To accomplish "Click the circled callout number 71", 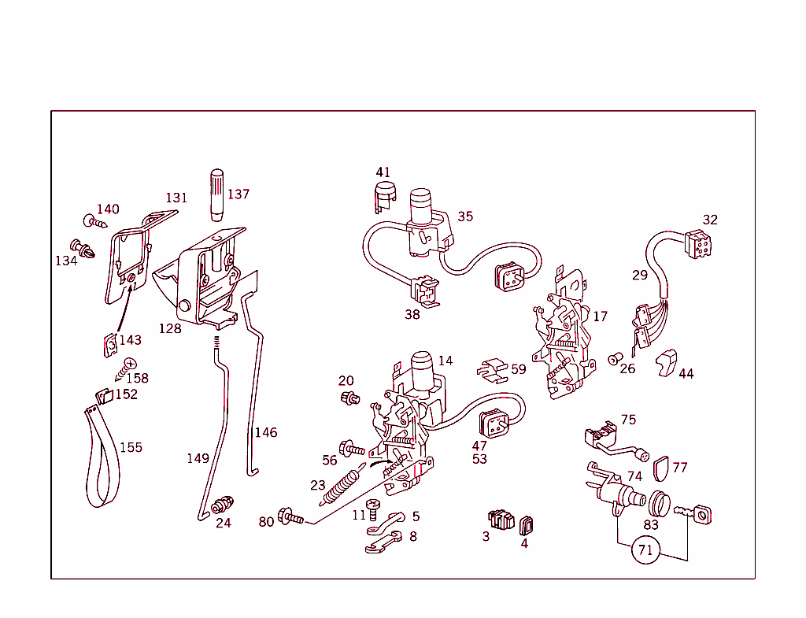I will [x=645, y=550].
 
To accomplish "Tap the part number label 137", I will [x=238, y=194].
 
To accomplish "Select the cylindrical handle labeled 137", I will [x=217, y=194].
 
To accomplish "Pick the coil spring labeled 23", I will [x=338, y=485].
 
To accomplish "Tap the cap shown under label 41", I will [x=383, y=196].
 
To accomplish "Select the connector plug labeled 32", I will [x=697, y=243].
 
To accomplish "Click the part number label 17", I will [x=601, y=316].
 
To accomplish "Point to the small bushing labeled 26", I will [x=612, y=360].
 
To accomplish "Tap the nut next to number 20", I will [x=347, y=397].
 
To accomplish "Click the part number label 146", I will [x=265, y=432].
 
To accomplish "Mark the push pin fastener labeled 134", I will [x=82, y=250].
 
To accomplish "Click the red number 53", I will [x=479, y=459].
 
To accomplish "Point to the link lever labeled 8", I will [x=384, y=542].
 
